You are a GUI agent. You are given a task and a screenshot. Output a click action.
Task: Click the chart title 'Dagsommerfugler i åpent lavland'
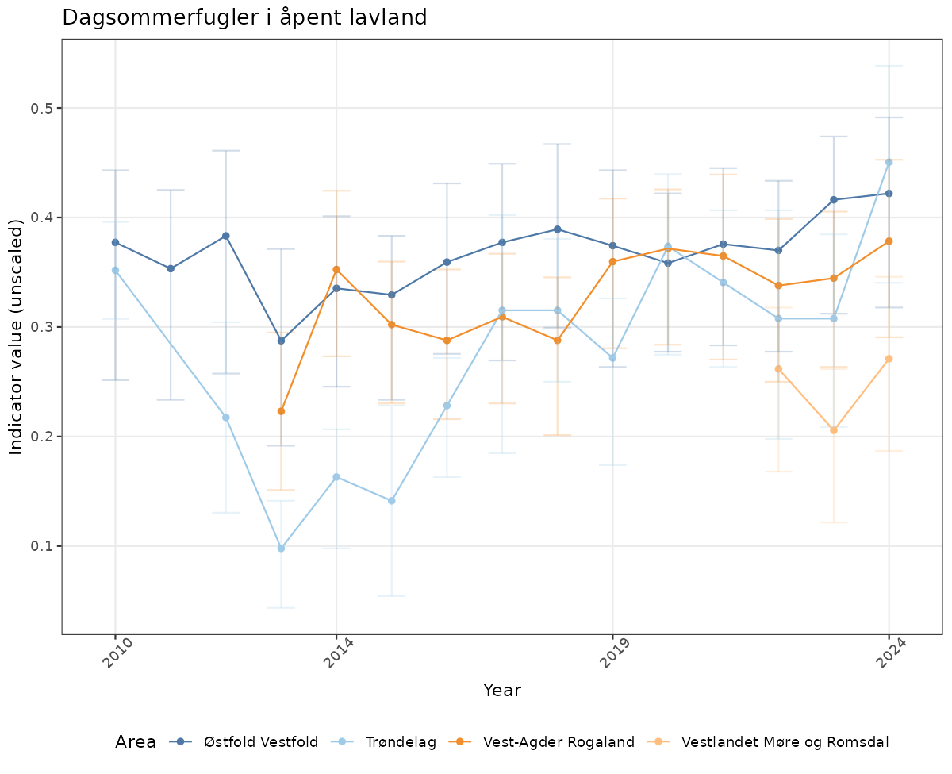[x=244, y=17]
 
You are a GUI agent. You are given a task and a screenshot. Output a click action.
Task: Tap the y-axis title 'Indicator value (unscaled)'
[x=17, y=337]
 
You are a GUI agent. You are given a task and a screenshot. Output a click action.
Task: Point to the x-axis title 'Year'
[x=502, y=691]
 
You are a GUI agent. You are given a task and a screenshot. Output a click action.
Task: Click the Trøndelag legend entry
[x=389, y=742]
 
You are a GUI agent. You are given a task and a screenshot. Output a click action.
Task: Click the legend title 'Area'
[x=136, y=742]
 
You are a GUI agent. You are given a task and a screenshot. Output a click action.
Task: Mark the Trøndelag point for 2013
[x=281, y=549]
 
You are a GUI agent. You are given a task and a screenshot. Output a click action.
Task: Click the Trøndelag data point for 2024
[x=889, y=162]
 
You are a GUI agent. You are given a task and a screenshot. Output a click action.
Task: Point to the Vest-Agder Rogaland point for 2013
[x=281, y=411]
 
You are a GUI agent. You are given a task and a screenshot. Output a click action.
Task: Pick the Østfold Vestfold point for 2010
[x=115, y=242]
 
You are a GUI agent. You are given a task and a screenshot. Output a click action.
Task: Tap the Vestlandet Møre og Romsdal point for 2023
[x=834, y=430]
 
